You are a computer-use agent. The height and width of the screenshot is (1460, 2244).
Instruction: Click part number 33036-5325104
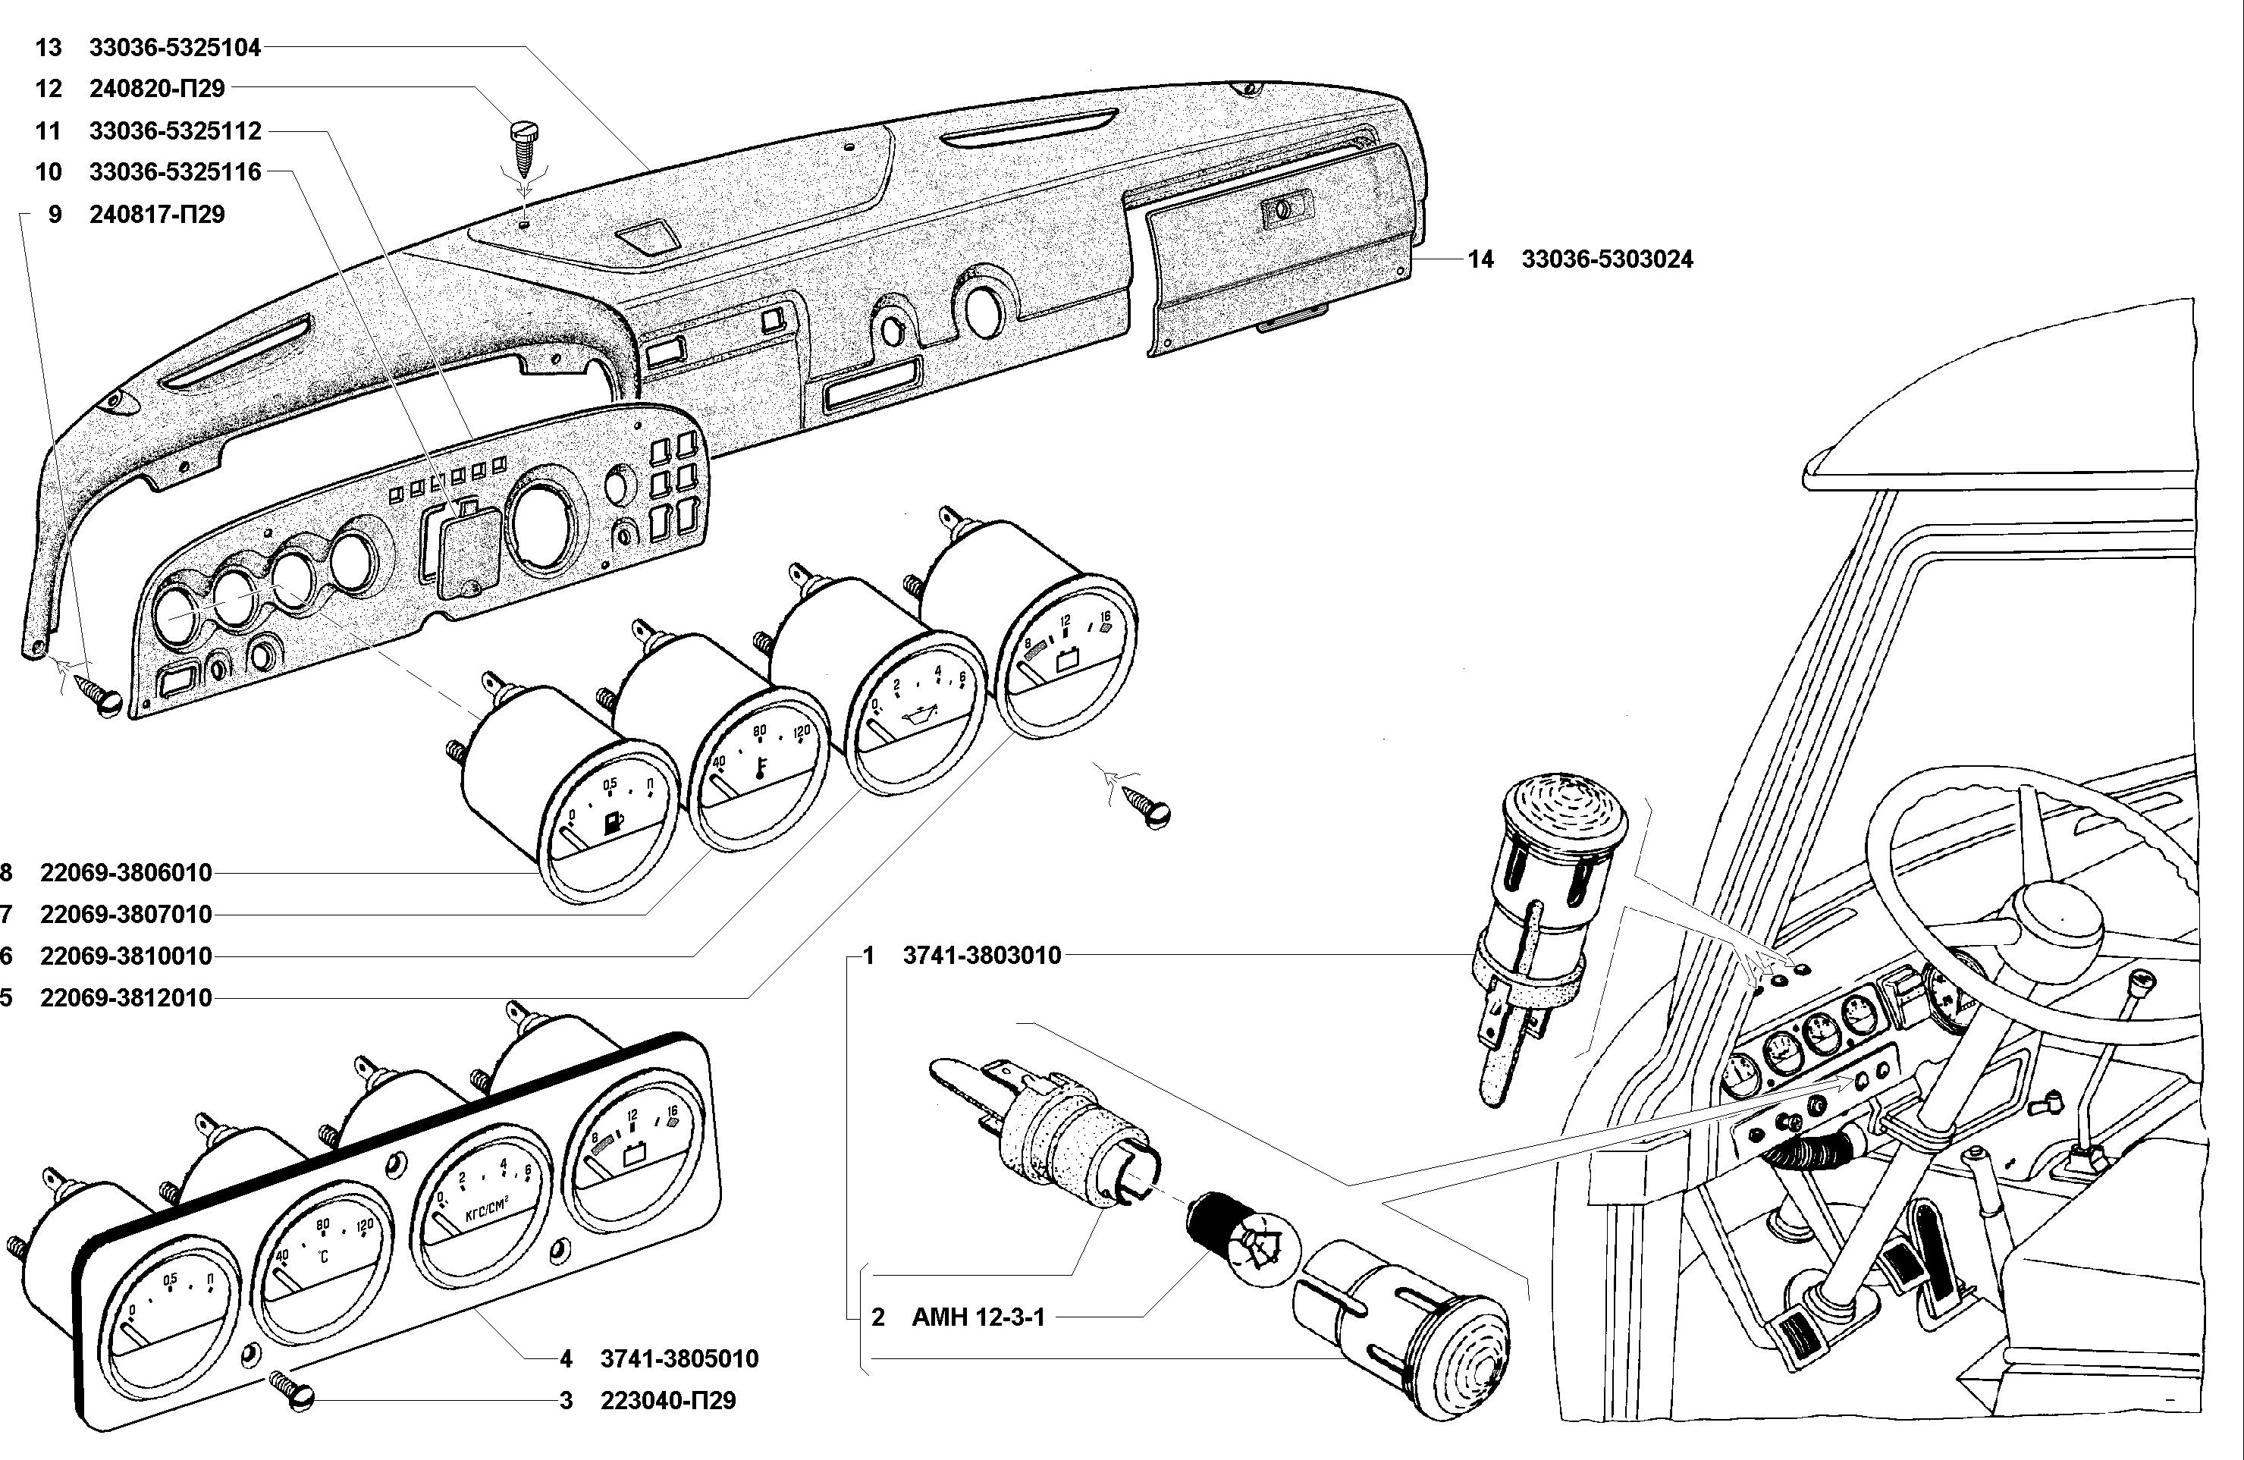point(174,46)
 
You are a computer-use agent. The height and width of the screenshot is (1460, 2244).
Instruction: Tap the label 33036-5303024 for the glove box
point(1607,259)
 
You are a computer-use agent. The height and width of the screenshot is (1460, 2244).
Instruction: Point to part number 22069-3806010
point(125,872)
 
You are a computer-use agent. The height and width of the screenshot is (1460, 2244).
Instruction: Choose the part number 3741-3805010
point(679,1359)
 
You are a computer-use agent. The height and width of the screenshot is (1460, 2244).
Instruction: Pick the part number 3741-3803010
point(981,956)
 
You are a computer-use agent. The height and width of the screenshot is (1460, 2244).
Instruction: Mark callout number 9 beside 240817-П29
point(55,214)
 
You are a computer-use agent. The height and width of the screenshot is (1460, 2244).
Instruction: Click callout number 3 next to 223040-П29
point(566,1401)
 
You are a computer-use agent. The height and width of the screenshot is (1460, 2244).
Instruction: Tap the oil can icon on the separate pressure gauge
point(915,720)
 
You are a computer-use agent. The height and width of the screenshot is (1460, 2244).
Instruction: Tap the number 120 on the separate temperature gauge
point(802,733)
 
